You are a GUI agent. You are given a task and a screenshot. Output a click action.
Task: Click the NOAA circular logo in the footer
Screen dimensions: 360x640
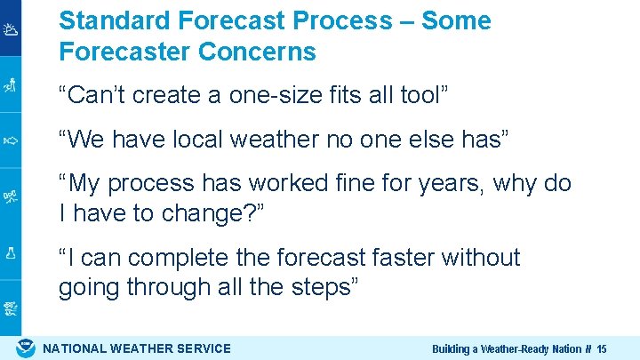click(27, 348)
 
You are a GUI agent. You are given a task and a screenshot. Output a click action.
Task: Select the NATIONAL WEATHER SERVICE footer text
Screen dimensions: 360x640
click(137, 348)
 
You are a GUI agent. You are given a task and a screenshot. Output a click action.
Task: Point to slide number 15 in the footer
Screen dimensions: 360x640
click(602, 349)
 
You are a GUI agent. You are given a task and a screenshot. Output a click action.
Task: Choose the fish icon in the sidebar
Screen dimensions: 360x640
click(11, 140)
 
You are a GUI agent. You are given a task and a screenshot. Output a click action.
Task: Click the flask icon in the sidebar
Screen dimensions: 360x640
click(11, 252)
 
